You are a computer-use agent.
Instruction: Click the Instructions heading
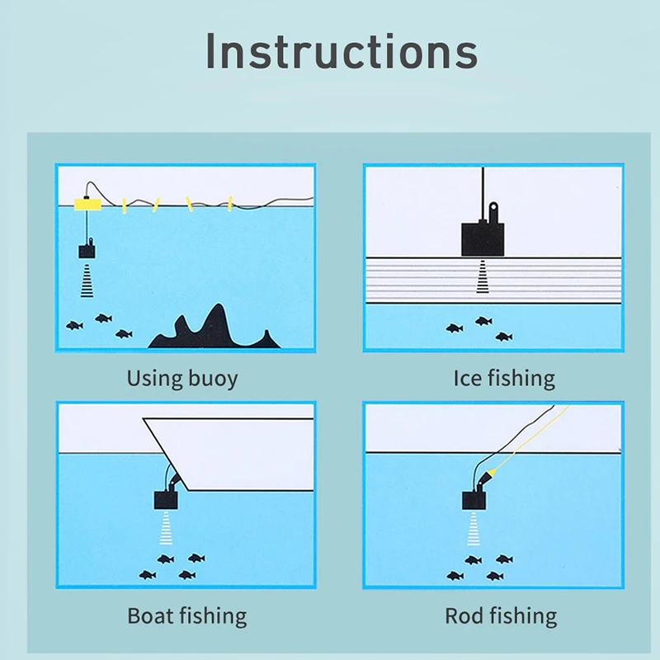coord(341,51)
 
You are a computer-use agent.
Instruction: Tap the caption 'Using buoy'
coord(181,379)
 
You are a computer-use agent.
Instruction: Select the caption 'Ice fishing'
coord(504,379)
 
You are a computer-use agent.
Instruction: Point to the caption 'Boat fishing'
coord(186,615)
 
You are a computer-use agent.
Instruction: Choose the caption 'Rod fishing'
coord(501,615)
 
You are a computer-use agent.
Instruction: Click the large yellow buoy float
coord(87,203)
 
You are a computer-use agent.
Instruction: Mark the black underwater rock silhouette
coord(210,330)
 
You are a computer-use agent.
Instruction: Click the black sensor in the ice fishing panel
coord(480,237)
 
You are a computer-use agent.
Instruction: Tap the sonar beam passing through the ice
coord(483,276)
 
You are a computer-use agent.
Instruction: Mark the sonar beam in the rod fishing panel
coord(474,530)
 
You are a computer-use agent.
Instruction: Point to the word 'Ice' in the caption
coord(468,379)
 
